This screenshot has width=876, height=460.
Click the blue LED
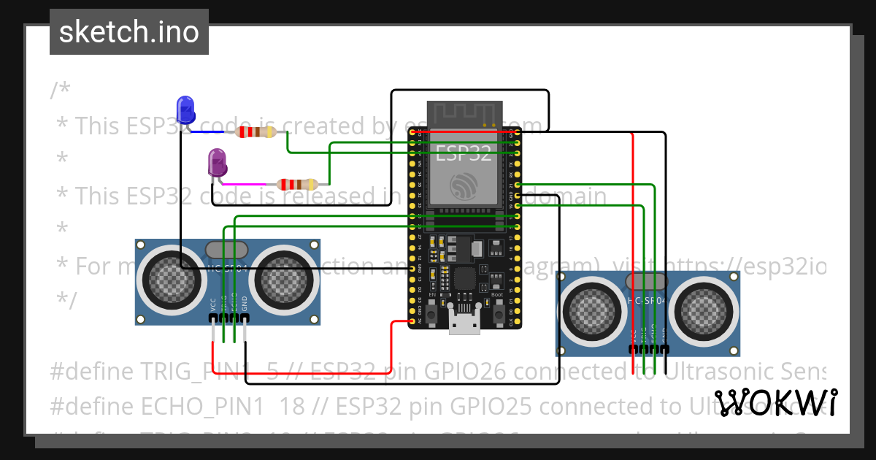click(186, 110)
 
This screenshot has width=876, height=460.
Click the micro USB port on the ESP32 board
click(464, 323)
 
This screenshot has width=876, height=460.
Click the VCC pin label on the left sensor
click(213, 304)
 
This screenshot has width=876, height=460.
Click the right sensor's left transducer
click(593, 307)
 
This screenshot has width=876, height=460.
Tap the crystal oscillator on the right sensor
click(648, 281)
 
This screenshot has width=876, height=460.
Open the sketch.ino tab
click(128, 32)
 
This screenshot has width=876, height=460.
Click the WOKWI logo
click(775, 402)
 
